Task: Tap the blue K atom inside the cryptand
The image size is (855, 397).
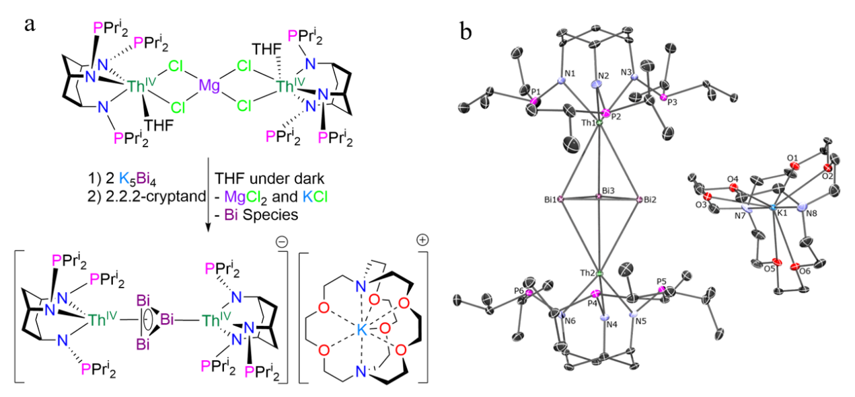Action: [361, 328]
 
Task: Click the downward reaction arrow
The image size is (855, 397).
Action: [207, 194]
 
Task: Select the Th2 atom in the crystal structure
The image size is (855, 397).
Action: [599, 274]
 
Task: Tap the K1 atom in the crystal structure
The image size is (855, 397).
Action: [774, 209]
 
